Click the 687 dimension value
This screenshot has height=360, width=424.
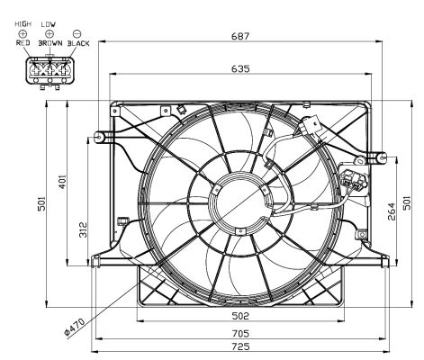[239, 36]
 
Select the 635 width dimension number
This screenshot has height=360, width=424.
[239, 68]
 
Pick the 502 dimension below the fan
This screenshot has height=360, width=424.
[239, 316]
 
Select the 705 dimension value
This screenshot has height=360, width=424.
[239, 332]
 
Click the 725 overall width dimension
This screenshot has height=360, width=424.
[239, 346]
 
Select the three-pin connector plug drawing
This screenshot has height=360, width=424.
[49, 69]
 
